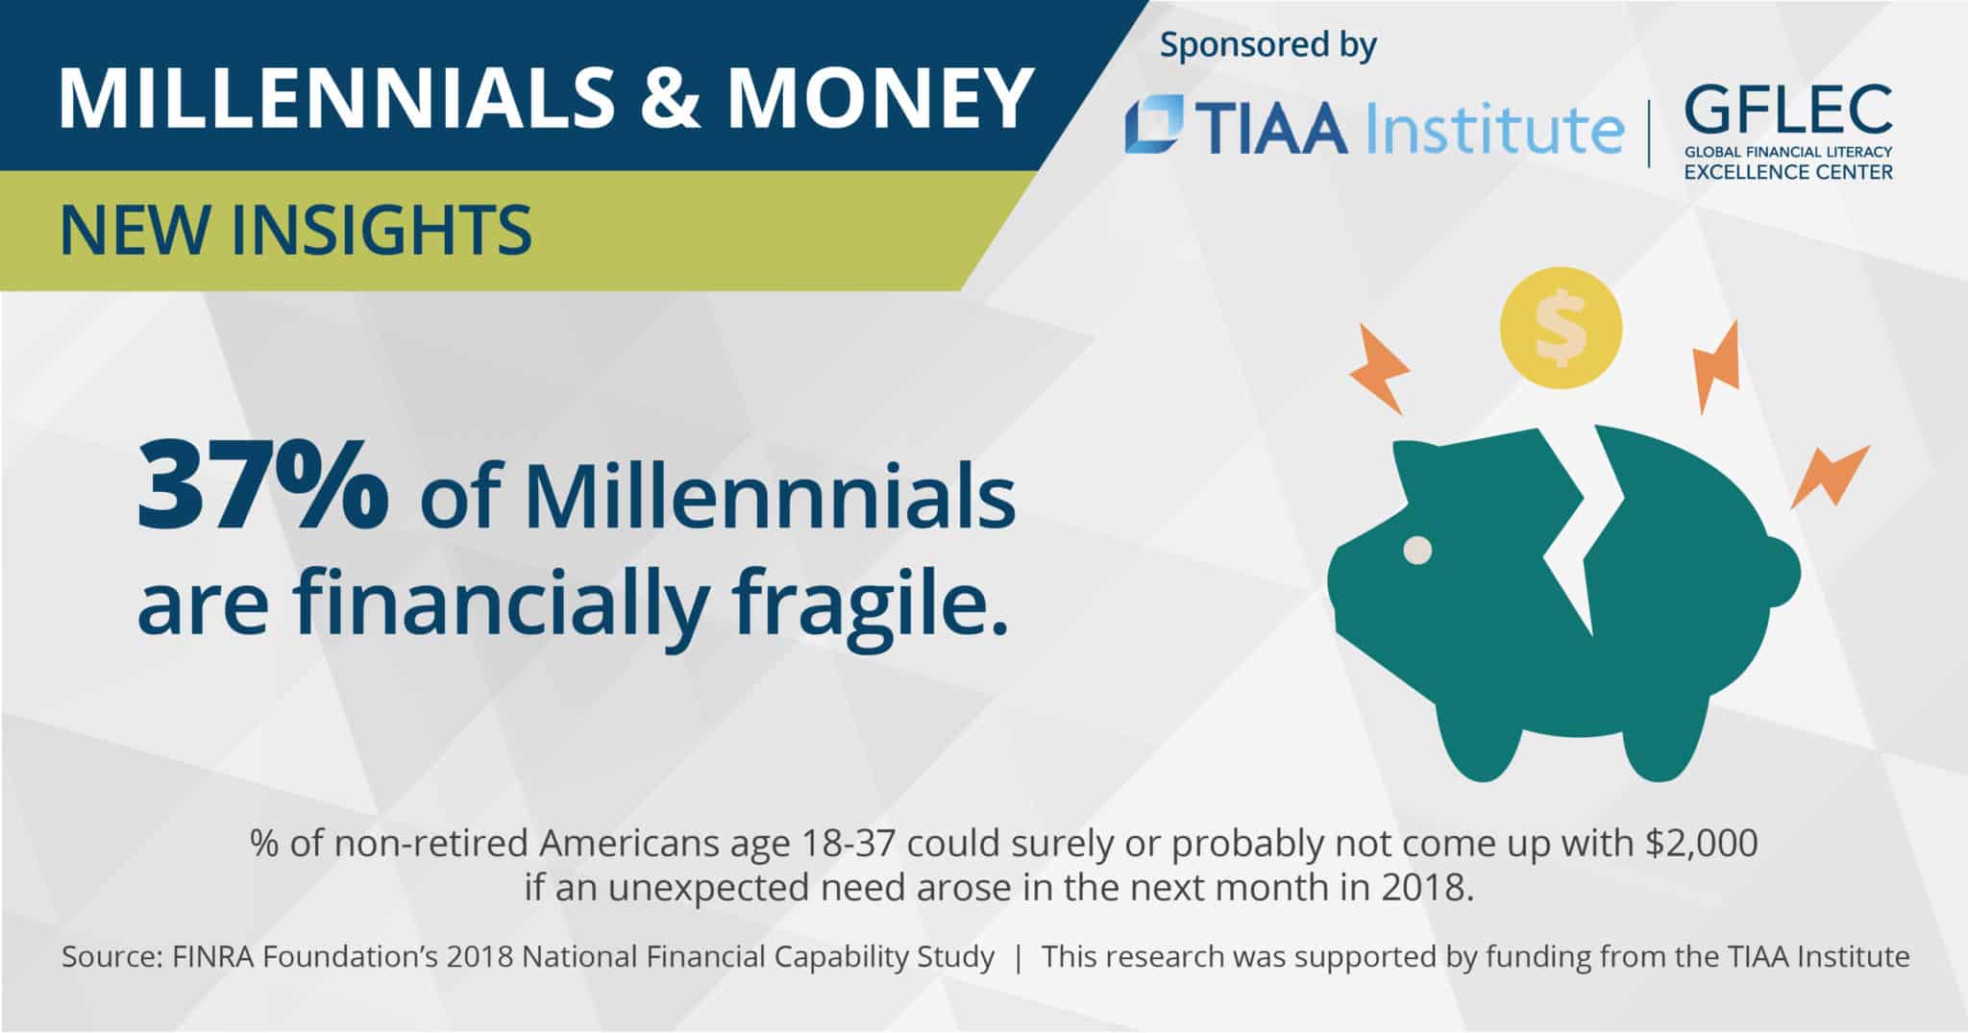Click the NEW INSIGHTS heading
point(295,231)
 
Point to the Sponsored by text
point(1267,45)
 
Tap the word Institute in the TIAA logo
point(1493,129)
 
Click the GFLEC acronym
point(1787,110)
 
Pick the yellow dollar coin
point(1561,328)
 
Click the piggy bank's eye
point(1417,551)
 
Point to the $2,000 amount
point(1701,843)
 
